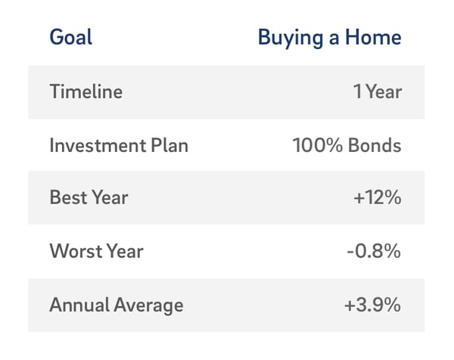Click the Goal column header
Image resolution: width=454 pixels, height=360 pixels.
[x=71, y=37]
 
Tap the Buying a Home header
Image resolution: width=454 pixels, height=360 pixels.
[x=329, y=39]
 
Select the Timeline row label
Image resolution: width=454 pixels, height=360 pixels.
[x=86, y=92]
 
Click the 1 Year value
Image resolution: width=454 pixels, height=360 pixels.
[x=378, y=92]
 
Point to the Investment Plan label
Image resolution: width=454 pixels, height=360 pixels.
[x=119, y=145]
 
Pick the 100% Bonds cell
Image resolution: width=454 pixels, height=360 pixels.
[x=347, y=145]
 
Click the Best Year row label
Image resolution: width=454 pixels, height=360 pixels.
[x=89, y=197]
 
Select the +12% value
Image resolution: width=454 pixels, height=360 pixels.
[x=378, y=197]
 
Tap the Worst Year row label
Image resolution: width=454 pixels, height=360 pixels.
[x=96, y=251]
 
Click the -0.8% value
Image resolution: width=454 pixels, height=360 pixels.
[x=374, y=251]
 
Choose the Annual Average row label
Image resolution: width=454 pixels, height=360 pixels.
[x=117, y=306]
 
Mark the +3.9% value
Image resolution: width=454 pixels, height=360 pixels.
[x=372, y=305]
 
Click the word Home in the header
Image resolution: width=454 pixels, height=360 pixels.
[x=373, y=37]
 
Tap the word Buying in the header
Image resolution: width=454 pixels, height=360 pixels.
[x=291, y=39]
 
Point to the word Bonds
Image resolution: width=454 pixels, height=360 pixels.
[x=375, y=145]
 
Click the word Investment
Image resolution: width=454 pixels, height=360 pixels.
[x=98, y=145]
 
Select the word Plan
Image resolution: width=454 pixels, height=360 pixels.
[x=169, y=145]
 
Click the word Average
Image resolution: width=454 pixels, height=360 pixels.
[x=148, y=306]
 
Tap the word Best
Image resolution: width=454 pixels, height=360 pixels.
[x=68, y=197]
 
